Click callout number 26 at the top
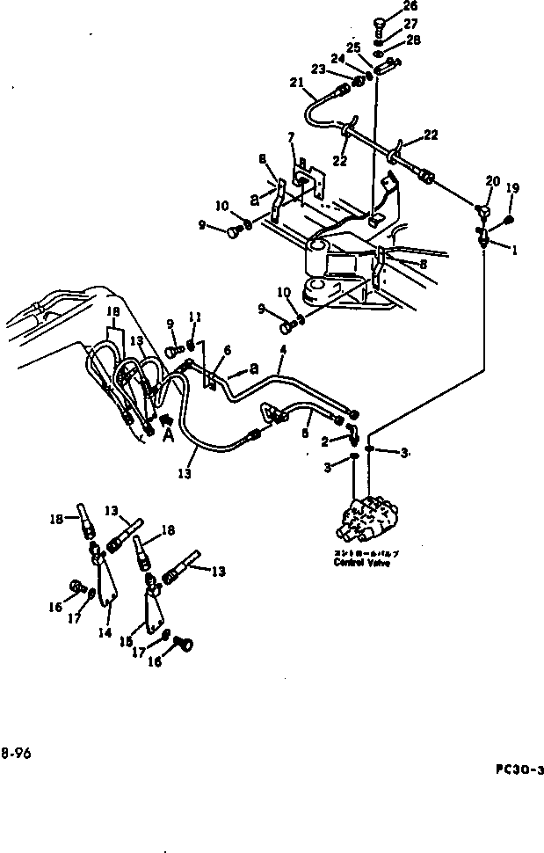click(x=410, y=7)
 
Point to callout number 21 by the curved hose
click(x=296, y=85)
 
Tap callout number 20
click(x=493, y=181)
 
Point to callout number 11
click(x=196, y=317)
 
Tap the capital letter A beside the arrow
click(x=167, y=433)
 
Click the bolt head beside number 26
click(x=380, y=22)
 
